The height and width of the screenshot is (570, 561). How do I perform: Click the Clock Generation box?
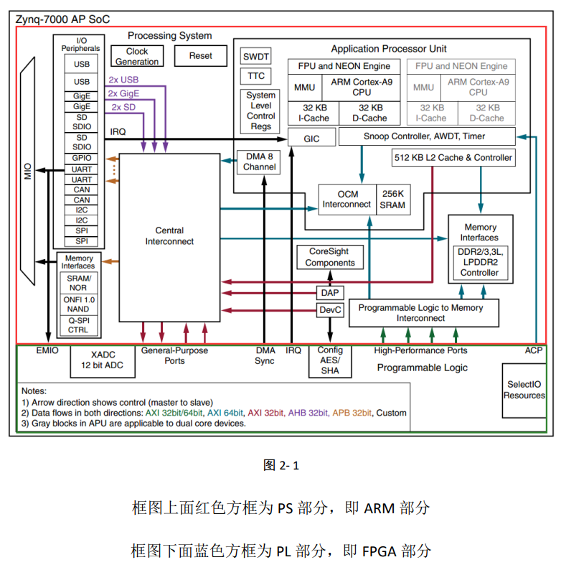(x=137, y=56)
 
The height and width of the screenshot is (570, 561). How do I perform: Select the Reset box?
(x=200, y=55)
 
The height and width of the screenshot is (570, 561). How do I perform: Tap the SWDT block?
(x=256, y=56)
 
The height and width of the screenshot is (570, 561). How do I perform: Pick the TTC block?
(x=256, y=75)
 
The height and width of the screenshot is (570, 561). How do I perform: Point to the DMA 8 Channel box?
(x=259, y=162)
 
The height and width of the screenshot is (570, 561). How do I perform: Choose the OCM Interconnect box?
(x=347, y=199)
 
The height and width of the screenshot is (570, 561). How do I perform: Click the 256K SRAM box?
(x=393, y=199)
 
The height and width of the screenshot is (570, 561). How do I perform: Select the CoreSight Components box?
(x=330, y=257)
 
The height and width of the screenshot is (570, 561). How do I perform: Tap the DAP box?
(x=330, y=292)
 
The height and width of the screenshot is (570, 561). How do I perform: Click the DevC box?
(x=330, y=310)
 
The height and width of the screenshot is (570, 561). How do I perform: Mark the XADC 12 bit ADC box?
(x=103, y=360)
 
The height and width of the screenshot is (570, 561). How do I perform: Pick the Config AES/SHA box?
(x=330, y=360)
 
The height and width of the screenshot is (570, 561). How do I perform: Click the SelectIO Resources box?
(x=524, y=390)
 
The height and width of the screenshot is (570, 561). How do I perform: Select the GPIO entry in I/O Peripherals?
(x=82, y=158)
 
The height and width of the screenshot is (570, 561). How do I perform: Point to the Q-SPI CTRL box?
(x=78, y=325)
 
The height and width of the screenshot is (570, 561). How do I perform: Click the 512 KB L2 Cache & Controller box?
(x=453, y=157)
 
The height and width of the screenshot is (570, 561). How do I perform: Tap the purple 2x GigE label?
(x=123, y=93)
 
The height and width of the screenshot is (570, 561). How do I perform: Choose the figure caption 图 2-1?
(x=281, y=465)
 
